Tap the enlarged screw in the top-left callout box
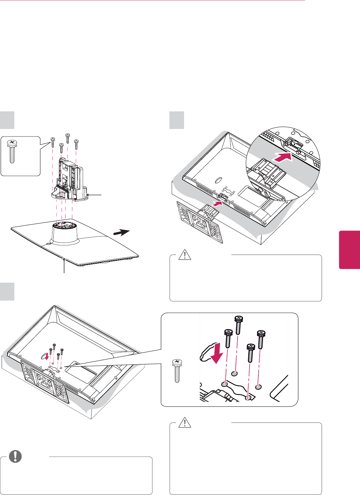pyautogui.click(x=12, y=151)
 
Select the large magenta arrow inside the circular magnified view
pyautogui.click(x=282, y=158)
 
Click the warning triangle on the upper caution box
pyautogui.click(x=185, y=255)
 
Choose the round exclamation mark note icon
pyautogui.click(x=15, y=457)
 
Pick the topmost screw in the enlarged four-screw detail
pyautogui.click(x=238, y=325)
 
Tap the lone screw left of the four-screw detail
pyautogui.click(x=177, y=371)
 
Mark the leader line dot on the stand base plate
pyautogui.click(x=65, y=259)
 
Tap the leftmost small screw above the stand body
pyautogui.click(x=52, y=142)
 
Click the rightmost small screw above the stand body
pyautogui.click(x=76, y=144)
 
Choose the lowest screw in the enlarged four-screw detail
pyautogui.click(x=250, y=353)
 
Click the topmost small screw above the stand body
pyautogui.click(x=67, y=138)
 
